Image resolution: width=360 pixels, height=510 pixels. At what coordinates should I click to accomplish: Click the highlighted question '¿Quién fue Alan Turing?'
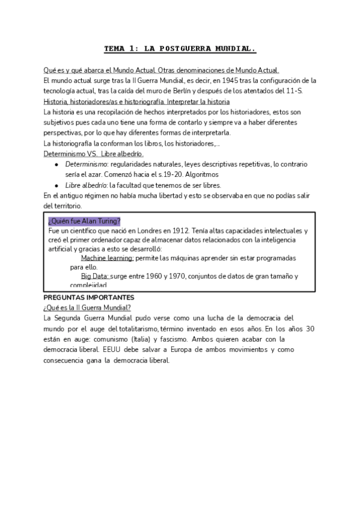(84, 221)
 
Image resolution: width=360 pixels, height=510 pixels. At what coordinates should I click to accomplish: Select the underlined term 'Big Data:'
(95, 276)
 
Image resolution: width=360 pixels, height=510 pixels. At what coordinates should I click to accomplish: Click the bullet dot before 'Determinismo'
(56, 164)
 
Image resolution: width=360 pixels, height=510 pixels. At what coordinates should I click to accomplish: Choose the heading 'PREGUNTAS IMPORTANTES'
(90, 298)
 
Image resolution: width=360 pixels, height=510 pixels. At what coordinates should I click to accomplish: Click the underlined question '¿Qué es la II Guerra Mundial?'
(88, 307)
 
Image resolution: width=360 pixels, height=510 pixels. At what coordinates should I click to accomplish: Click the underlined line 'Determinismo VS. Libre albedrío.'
(94, 153)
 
